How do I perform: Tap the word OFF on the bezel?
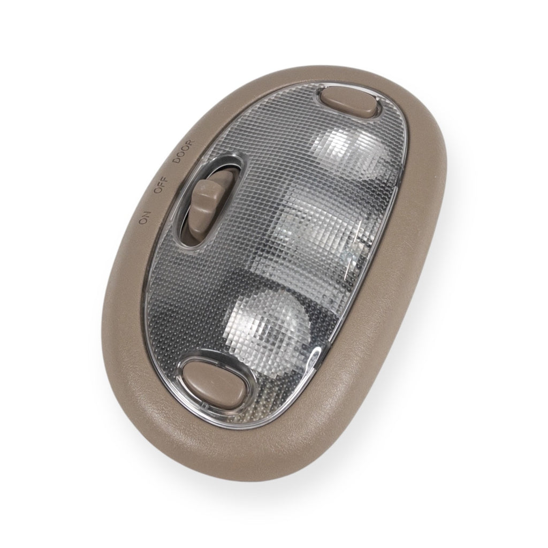161,185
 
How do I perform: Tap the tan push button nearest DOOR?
349,102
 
